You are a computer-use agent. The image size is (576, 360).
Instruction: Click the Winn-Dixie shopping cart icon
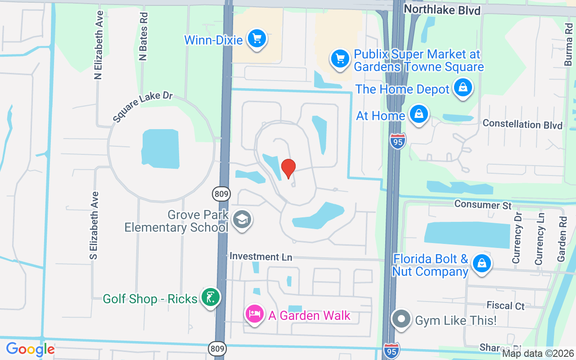pos(257,39)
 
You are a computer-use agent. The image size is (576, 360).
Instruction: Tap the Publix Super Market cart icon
pos(340,59)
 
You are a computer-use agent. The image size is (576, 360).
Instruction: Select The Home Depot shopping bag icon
pos(463,88)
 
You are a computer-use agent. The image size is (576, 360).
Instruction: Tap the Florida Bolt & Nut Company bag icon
pos(481,263)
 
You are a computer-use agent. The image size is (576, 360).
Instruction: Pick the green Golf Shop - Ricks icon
pos(210,297)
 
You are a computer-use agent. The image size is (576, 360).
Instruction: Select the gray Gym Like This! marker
pos(401,319)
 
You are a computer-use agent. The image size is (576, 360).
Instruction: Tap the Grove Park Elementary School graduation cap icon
pos(242,220)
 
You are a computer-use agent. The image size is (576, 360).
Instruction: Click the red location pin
pos(288,168)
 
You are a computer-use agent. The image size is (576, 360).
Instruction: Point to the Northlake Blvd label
pos(442,10)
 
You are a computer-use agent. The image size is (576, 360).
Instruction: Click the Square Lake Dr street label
pos(143,107)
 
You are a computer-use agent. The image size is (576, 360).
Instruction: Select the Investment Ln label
pos(261,256)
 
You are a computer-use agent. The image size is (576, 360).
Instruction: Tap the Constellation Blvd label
pos(522,124)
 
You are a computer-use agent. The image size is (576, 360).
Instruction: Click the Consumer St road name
pos(483,205)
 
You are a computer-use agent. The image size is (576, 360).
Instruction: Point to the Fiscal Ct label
pos(505,306)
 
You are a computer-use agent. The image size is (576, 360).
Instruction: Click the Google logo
pos(30,349)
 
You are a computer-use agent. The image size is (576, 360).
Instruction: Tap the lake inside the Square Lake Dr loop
pos(161,149)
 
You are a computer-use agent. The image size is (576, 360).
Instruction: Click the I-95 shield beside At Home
pos(398,141)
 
